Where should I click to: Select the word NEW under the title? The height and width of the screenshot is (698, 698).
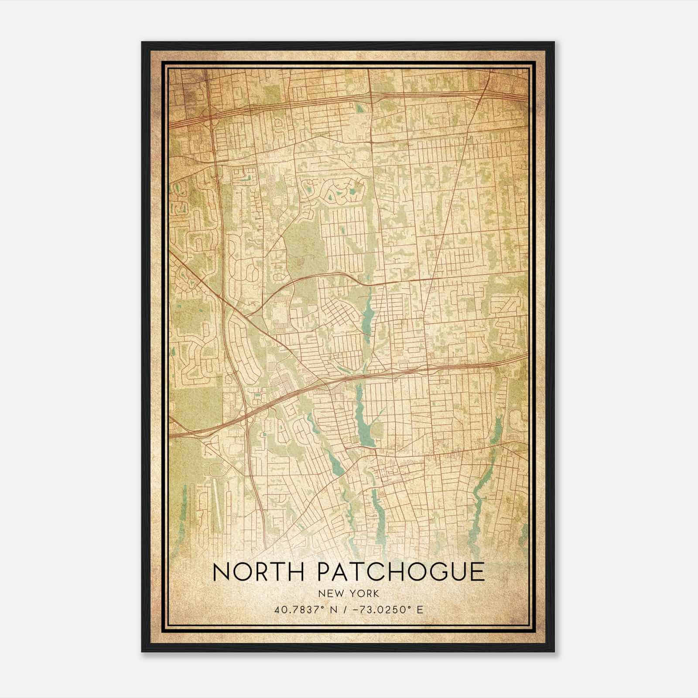tap(331, 594)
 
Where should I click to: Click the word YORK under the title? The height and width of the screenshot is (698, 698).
tap(363, 594)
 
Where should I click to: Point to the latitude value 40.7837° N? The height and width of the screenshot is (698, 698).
tap(300, 609)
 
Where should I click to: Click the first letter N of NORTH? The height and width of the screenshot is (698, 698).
tap(222, 572)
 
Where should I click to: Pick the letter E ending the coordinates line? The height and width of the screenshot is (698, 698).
tap(420, 609)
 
